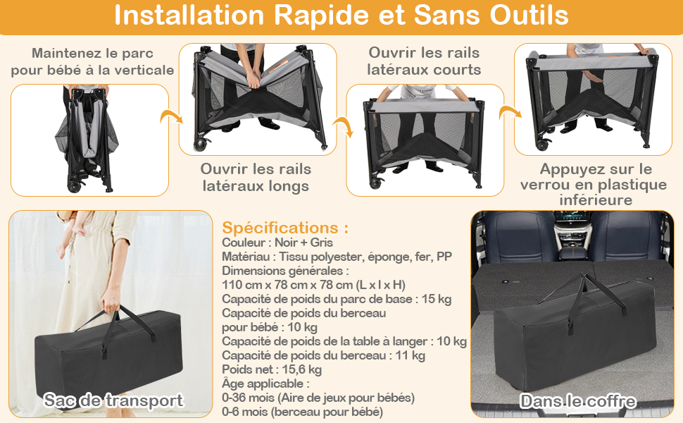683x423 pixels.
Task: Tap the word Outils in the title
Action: click(x=529, y=15)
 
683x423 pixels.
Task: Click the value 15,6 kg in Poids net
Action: click(x=301, y=370)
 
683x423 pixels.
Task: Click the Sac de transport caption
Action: click(x=113, y=400)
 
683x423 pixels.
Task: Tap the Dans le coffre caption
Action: click(x=577, y=401)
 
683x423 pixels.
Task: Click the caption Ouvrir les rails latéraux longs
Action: click(x=256, y=178)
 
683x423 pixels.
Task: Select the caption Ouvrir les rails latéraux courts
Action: click(x=424, y=61)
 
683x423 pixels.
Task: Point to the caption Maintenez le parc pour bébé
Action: click(x=92, y=61)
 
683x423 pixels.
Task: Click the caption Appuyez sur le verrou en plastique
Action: click(x=594, y=184)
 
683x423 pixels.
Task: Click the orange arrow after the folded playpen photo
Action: click(x=170, y=117)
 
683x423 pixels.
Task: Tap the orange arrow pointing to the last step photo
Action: click(x=510, y=113)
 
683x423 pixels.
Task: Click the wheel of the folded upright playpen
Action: click(x=74, y=185)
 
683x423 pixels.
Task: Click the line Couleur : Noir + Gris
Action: click(x=277, y=243)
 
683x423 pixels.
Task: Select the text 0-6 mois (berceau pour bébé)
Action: click(x=302, y=412)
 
